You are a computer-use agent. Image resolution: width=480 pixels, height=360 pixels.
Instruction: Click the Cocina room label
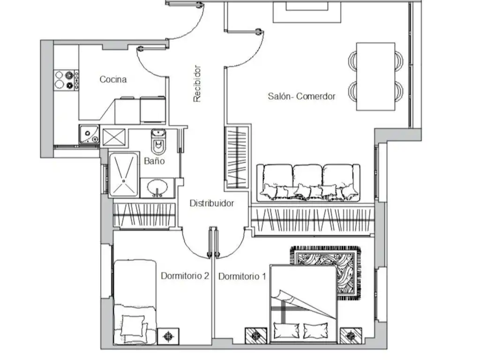(x=113, y=79)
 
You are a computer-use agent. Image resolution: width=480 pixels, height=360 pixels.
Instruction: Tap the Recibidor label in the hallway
(x=197, y=83)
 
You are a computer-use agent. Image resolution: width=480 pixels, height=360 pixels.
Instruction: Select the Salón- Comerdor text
(x=301, y=96)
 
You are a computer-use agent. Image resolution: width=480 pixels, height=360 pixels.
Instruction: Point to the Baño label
(x=154, y=161)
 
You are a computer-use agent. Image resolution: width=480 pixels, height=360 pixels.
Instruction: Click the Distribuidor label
(x=212, y=203)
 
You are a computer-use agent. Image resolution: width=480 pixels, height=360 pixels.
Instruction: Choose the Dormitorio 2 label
(x=185, y=276)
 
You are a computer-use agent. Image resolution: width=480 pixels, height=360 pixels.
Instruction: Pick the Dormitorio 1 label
(x=242, y=277)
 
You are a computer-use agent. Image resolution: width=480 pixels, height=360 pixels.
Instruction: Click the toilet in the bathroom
(x=158, y=142)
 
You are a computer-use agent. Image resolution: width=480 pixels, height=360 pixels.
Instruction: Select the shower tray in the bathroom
(x=124, y=174)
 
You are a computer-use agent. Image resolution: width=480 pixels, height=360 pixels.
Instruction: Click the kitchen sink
(x=89, y=134)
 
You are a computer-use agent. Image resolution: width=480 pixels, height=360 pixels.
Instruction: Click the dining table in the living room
(x=375, y=76)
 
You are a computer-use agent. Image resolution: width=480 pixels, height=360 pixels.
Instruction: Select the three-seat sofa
(x=308, y=183)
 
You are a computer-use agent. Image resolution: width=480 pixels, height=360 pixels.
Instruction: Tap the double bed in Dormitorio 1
(x=303, y=304)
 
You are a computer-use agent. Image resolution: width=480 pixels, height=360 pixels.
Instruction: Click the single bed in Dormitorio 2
(x=135, y=302)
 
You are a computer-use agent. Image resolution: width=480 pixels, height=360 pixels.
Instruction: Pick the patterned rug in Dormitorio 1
(x=326, y=272)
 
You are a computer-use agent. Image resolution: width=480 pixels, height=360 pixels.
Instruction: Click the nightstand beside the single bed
(x=168, y=337)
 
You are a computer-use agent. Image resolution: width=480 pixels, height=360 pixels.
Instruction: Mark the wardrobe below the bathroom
(x=144, y=216)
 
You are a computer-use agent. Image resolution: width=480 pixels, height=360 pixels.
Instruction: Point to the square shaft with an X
(x=114, y=137)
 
